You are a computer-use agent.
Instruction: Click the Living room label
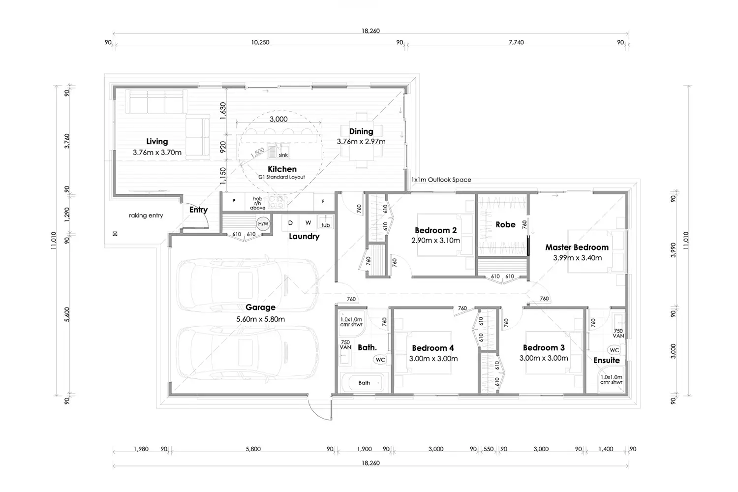click(157, 142)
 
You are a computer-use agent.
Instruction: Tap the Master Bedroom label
click(577, 247)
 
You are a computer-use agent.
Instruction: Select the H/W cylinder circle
click(263, 224)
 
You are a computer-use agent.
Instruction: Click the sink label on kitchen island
click(283, 155)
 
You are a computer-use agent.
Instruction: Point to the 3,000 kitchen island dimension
click(278, 119)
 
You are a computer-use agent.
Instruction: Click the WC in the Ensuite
click(614, 350)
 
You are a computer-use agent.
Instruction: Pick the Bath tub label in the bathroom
click(364, 383)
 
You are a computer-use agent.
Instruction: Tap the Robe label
click(505, 225)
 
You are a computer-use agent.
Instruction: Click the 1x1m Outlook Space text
click(441, 180)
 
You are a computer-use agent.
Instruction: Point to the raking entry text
click(146, 215)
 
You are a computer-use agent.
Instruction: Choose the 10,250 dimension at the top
click(260, 42)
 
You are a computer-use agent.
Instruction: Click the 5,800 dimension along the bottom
click(253, 449)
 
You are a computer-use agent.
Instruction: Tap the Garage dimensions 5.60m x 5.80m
click(260, 319)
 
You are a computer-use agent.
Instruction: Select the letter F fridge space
click(323, 201)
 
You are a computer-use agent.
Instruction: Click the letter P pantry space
click(234, 201)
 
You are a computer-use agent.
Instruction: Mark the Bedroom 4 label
click(432, 348)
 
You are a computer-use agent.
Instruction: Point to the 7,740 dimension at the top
click(516, 42)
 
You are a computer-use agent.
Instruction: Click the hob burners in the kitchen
click(276, 202)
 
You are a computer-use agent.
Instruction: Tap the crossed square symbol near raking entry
click(115, 234)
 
